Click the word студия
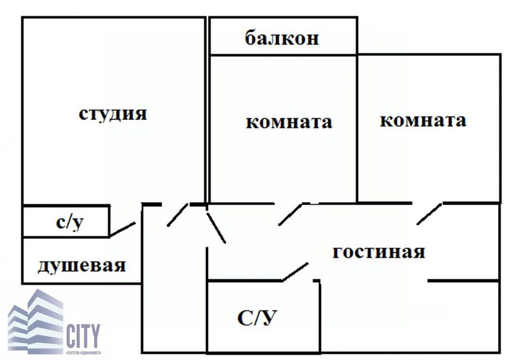[113, 114]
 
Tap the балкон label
[282, 38]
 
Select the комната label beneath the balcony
[289, 122]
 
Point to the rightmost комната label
[423, 120]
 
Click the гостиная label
[379, 252]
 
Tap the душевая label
[82, 265]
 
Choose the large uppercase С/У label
[257, 319]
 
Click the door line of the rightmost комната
[429, 214]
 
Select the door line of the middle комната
[290, 214]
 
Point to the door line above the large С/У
[295, 271]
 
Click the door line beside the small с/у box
[123, 229]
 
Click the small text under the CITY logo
[83, 353]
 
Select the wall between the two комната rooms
[357, 129]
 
